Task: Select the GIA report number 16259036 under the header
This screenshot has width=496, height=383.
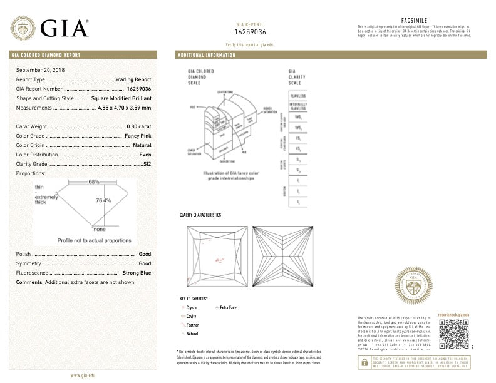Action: click(x=251, y=31)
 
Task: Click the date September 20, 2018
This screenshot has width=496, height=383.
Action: click(x=41, y=70)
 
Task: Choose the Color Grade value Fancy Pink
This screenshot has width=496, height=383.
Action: click(x=138, y=136)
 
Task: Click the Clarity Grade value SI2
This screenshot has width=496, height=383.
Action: click(x=147, y=163)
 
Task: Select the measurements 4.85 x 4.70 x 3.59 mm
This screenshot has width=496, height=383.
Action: click(x=125, y=108)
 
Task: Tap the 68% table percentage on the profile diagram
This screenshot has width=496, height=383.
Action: click(x=94, y=182)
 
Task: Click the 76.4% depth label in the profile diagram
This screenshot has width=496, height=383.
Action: click(x=103, y=200)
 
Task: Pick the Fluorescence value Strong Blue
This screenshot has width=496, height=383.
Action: click(x=137, y=273)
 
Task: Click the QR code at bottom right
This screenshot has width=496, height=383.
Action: click(x=453, y=334)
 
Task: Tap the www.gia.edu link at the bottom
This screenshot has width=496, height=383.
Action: click(x=83, y=375)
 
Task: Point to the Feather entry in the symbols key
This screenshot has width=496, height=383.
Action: click(x=192, y=325)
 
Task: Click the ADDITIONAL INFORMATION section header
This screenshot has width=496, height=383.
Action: click(x=207, y=55)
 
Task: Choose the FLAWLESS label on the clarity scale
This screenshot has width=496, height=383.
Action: click(x=298, y=96)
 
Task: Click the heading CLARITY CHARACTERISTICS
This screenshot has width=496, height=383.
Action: click(x=200, y=215)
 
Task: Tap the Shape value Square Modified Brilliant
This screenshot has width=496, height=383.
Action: click(x=121, y=98)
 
